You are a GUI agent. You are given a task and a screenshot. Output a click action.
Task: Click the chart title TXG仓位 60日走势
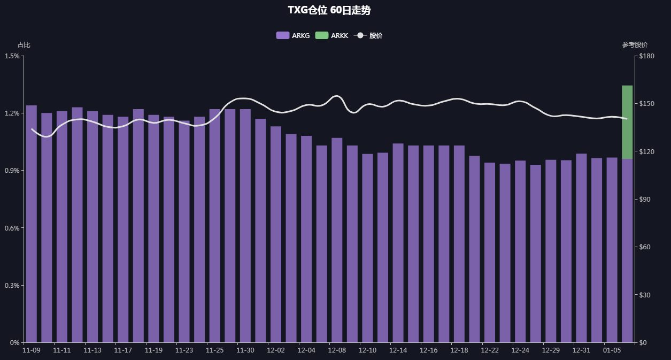[x=329, y=10]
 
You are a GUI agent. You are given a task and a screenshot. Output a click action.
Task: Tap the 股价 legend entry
[x=368, y=35]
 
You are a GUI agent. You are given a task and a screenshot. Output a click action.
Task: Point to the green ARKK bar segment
[x=627, y=122]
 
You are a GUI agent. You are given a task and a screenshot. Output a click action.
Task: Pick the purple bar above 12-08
[x=337, y=240]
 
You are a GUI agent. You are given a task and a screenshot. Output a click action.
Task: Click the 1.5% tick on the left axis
[x=12, y=56]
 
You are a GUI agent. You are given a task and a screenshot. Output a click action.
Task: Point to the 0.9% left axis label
[x=12, y=171]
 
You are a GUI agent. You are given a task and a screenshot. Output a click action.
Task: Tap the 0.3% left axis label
[x=12, y=285]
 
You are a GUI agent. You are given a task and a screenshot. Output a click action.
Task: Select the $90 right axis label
[x=646, y=200]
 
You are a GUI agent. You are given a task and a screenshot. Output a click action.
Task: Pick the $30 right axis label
[x=646, y=295]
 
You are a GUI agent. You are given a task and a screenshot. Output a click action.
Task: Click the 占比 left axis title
[x=24, y=45]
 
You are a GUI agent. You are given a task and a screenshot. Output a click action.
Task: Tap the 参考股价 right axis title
[x=635, y=45]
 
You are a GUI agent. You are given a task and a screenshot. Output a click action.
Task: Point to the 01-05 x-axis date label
[x=612, y=350]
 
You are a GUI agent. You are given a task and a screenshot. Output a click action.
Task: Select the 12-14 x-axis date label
[x=398, y=350]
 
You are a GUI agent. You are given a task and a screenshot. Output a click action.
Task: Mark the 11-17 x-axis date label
[x=123, y=350]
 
